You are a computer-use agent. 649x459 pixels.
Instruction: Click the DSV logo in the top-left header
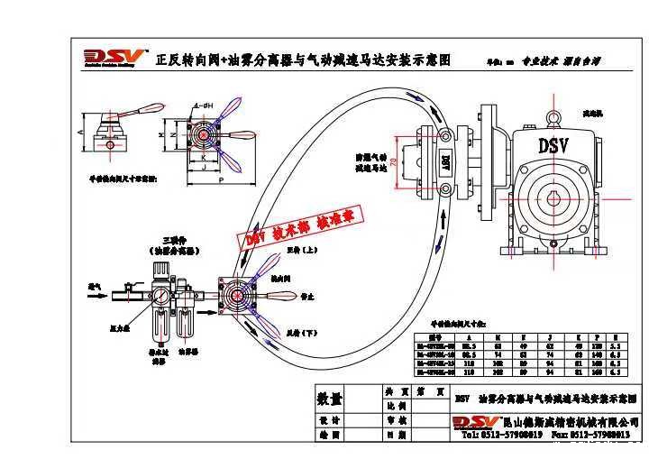tap(107, 59)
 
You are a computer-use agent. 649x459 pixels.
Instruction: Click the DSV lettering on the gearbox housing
tap(551, 145)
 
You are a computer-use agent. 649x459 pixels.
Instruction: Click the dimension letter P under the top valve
tap(217, 180)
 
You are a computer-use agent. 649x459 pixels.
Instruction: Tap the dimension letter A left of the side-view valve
tap(82, 132)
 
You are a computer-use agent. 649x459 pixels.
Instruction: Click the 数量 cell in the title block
tap(330, 399)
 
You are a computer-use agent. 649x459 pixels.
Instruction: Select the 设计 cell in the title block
tap(330, 420)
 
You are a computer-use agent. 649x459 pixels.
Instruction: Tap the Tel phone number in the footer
tap(501, 435)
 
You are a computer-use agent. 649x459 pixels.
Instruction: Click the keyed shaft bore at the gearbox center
tap(550, 199)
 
